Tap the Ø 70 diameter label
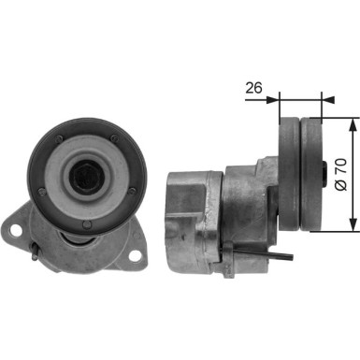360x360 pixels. [x=341, y=173]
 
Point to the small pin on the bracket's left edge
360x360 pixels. [x=33, y=251]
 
